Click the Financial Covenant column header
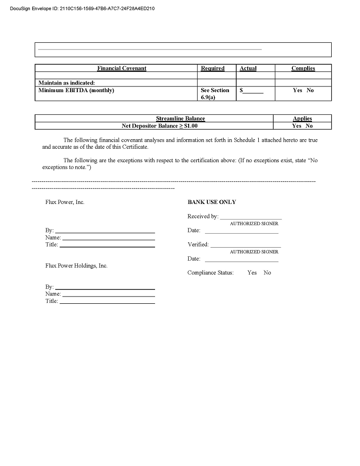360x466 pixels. pyautogui.click(x=121, y=69)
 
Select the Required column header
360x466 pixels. pyautogui.click(x=212, y=69)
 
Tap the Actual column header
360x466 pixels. pyautogui.click(x=248, y=69)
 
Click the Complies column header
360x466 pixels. pyautogui.click(x=303, y=69)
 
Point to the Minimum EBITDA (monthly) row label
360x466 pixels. pyautogui.click(x=76, y=90)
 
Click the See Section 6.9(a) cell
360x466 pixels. pyautogui.click(x=215, y=94)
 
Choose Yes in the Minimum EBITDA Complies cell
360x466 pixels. pyautogui.click(x=297, y=90)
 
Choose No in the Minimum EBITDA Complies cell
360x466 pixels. pyautogui.click(x=310, y=90)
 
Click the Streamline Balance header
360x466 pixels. pyautogui.click(x=180, y=119)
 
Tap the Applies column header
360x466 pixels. pyautogui.click(x=302, y=119)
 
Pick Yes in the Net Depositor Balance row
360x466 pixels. pyautogui.click(x=296, y=126)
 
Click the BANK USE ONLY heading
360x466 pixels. pyautogui.click(x=212, y=202)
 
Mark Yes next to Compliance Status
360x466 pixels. pyautogui.click(x=252, y=273)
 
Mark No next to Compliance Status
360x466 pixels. pyautogui.click(x=267, y=273)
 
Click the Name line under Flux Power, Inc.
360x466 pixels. pyautogui.click(x=108, y=238)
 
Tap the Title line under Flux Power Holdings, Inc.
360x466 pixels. pyautogui.click(x=107, y=302)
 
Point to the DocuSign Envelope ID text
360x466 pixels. pyautogui.click(x=82, y=9)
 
